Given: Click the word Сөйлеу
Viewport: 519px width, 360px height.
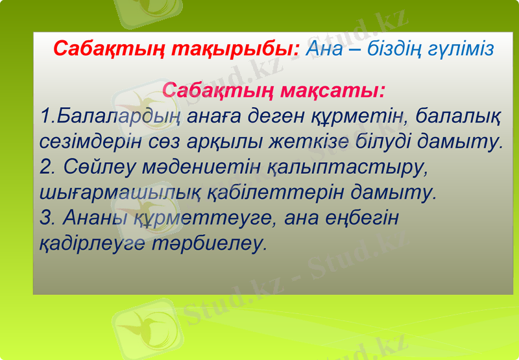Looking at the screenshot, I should (97, 167).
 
